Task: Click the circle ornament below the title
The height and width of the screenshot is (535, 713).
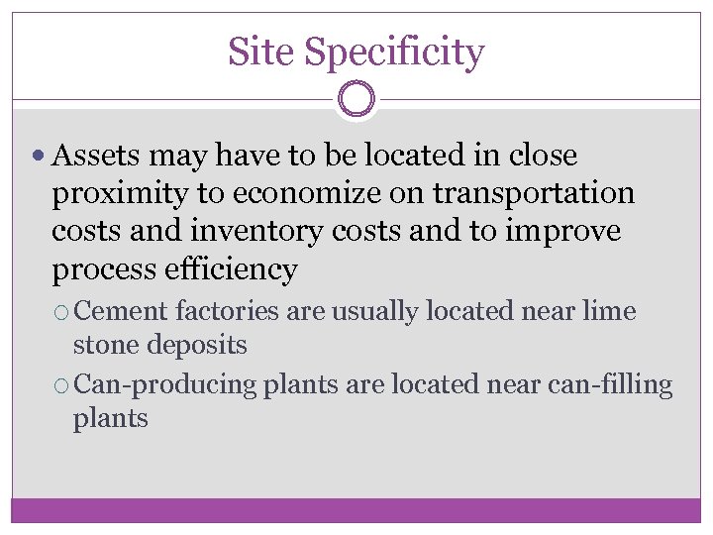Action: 356,99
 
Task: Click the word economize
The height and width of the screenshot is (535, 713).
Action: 328,193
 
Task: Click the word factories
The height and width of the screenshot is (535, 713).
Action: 227,311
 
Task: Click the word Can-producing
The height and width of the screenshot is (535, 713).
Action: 165,384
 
